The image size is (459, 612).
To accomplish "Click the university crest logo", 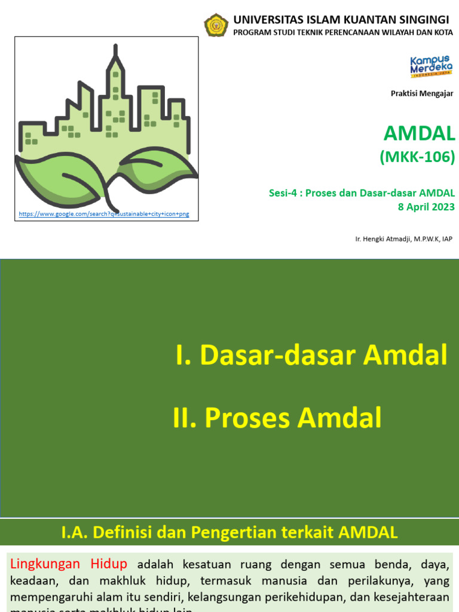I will click(216, 26).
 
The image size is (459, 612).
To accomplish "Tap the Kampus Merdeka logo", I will click(431, 66).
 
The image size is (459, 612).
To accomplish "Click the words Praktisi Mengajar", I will click(422, 93).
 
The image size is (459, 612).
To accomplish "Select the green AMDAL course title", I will click(419, 133).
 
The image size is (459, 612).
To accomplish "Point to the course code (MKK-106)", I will click(417, 157).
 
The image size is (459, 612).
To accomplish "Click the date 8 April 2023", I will click(426, 207).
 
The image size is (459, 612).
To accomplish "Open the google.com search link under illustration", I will click(104, 213).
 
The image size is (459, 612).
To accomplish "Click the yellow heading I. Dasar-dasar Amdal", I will click(311, 356).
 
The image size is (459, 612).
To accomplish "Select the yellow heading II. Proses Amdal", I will click(277, 418).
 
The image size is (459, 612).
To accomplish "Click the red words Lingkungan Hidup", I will click(69, 564).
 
